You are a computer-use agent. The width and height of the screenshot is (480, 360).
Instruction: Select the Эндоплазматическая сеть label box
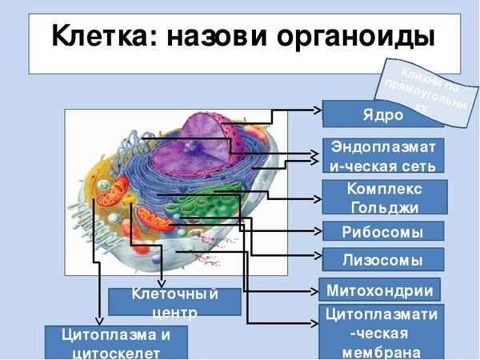point(382,157)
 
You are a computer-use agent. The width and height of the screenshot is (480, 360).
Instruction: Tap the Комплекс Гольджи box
point(384,198)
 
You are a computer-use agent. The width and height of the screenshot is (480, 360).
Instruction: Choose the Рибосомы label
point(382,232)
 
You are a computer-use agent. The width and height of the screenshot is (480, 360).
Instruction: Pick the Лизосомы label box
point(382,259)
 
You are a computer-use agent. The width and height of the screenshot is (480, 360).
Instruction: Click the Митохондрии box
point(380,289)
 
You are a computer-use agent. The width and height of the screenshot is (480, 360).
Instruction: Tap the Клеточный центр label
point(174,302)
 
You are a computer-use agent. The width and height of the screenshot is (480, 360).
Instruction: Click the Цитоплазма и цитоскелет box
point(116,342)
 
